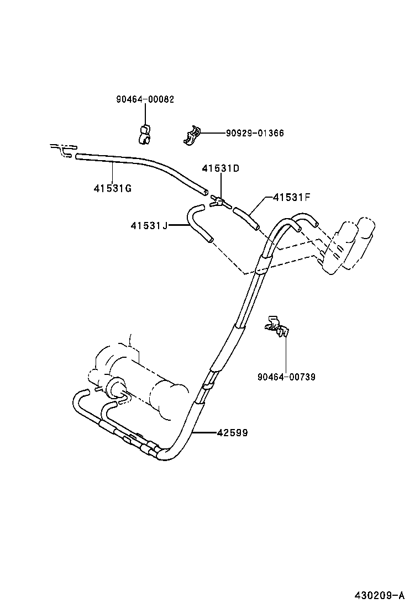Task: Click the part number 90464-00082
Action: pyautogui.click(x=145, y=99)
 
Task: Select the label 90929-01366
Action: pyautogui.click(x=254, y=133)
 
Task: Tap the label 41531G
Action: pyautogui.click(x=112, y=188)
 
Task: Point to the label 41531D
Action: pyautogui.click(x=221, y=168)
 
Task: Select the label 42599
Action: pyautogui.click(x=232, y=433)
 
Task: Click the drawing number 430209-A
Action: pyautogui.click(x=380, y=595)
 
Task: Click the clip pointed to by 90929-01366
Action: pyautogui.click(x=191, y=135)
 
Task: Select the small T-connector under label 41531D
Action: pyautogui.click(x=218, y=203)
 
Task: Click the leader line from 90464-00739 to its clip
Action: pyautogui.click(x=286, y=353)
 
